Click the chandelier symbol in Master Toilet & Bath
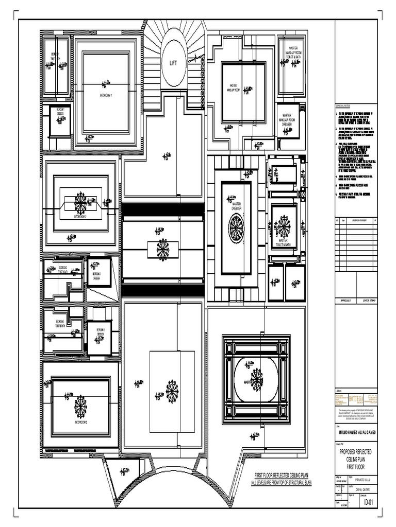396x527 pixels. [x=283, y=225]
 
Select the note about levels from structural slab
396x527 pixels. [x=282, y=483]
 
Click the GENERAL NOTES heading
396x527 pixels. [x=345, y=104]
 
